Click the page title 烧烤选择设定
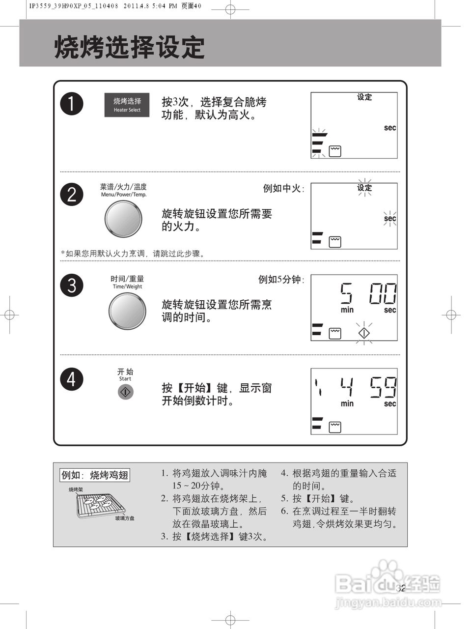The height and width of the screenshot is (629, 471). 130,48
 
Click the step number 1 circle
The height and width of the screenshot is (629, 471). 72,104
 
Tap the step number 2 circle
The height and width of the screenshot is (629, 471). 72,195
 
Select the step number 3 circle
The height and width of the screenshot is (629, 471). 72,285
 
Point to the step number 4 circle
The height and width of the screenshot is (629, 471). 72,379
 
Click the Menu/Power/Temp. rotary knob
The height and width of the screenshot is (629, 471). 123,219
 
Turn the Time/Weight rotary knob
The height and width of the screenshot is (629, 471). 127,311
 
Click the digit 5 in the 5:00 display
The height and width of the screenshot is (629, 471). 347,294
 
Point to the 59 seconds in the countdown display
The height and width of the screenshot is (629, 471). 383,387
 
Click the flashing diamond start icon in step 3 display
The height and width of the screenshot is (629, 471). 363,333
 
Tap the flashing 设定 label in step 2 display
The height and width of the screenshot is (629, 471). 364,188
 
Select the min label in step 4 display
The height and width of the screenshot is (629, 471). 347,403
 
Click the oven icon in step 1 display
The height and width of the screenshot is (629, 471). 335,151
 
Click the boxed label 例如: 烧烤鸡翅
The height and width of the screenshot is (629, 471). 95,475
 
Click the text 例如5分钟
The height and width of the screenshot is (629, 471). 281,280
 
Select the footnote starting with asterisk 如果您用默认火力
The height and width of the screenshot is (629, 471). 133,254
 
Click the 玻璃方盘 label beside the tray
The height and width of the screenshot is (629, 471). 125,518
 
